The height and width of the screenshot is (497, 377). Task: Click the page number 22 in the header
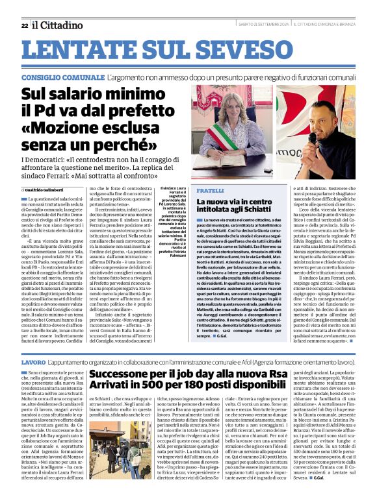[24, 25]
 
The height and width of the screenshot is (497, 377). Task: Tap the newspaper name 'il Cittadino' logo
[55, 25]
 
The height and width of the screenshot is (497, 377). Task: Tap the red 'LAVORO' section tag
[33, 361]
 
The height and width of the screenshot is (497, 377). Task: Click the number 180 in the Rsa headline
[212, 389]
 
